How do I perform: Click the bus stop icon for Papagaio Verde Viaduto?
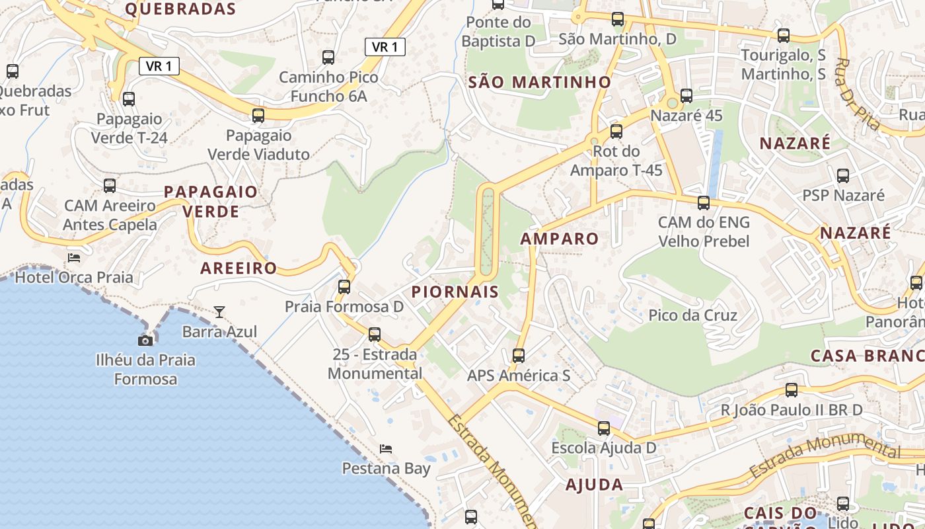pos(258,116)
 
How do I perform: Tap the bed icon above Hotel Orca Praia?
pos(74,257)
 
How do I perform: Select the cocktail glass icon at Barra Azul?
pos(219,311)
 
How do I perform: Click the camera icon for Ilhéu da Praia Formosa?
pos(145,341)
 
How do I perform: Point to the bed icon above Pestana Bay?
pos(386,449)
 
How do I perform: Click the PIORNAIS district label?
pos(455,292)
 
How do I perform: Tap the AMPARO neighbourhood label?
pos(560,239)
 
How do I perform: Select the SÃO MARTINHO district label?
pos(540,83)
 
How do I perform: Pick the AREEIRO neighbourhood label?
pos(239,268)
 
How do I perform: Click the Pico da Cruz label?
pos(692,315)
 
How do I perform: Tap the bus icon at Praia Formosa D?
pos(344,287)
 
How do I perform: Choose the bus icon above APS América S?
pos(519,356)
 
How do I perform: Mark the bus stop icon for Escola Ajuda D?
pos(604,428)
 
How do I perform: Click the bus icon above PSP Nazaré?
pos(843,176)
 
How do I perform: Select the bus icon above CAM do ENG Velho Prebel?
pos(704,203)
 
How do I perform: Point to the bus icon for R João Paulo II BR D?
pos(792,390)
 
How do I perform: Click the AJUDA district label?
pos(594,485)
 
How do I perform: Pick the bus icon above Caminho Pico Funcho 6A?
pos(328,58)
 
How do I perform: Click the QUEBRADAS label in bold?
pos(180,9)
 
